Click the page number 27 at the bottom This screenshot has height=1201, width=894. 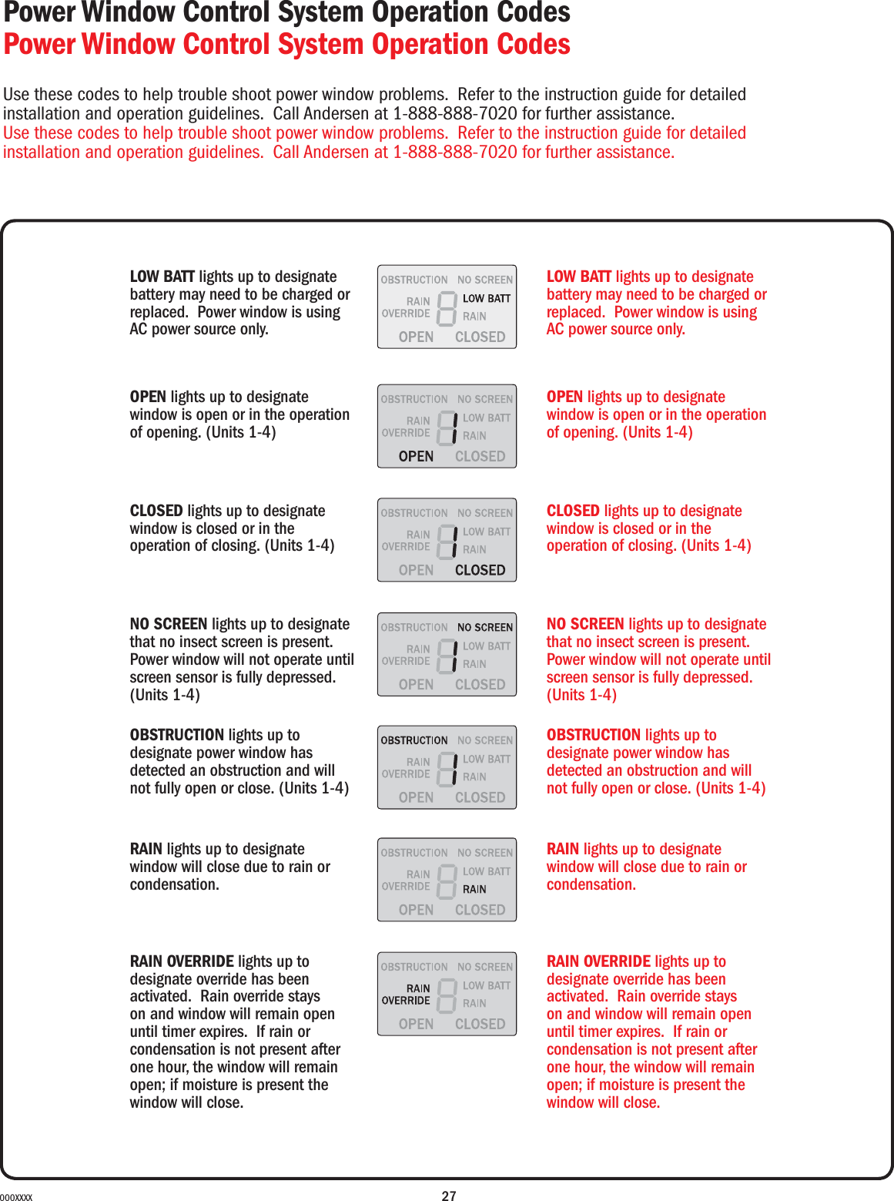449,1196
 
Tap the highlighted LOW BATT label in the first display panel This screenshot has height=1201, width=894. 486,298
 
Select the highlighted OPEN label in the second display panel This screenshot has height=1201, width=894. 416,456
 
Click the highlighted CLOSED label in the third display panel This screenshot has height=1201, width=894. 480,570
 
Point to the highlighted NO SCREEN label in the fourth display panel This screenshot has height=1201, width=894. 484,627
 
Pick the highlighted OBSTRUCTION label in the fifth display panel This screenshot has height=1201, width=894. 414,740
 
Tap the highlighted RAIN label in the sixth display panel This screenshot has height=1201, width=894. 474,889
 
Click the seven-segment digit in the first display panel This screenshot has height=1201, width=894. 447,308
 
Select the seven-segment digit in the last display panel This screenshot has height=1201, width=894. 447,995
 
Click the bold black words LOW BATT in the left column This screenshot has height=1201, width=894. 162,277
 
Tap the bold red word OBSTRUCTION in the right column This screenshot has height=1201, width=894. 593,735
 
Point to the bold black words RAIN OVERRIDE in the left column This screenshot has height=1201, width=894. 182,961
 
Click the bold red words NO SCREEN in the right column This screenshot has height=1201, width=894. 585,624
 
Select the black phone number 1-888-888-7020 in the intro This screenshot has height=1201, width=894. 455,114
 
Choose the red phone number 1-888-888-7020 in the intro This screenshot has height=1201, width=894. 455,153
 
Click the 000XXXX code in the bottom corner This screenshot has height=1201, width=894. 16,1197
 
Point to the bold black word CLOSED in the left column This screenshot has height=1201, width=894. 156,511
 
